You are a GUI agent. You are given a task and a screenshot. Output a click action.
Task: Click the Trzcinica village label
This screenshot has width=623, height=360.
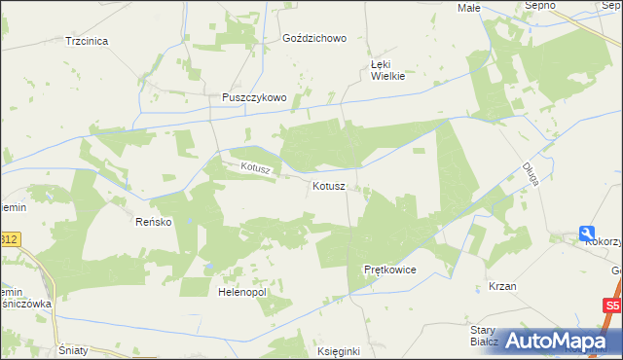tap(87, 41)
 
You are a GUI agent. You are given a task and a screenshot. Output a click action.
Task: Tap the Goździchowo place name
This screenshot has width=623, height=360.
tap(313, 39)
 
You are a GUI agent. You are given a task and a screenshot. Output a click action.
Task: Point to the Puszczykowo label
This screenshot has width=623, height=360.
tap(253, 97)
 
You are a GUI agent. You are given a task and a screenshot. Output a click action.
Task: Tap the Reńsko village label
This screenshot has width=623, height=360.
tap(153, 222)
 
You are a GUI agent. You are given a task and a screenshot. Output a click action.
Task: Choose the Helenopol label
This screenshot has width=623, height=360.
tap(242, 291)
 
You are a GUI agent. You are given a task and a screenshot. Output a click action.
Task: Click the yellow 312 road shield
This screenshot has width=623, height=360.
tap(9, 238)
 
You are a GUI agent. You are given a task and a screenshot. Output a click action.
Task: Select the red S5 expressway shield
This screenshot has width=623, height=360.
tap(610, 306)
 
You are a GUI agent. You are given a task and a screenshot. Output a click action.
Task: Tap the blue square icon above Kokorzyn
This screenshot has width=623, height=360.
tap(587, 233)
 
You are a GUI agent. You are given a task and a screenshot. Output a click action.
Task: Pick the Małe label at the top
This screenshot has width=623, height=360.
tap(469, 7)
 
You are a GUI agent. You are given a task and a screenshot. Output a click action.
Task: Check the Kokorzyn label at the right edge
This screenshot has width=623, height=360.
tap(604, 241)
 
